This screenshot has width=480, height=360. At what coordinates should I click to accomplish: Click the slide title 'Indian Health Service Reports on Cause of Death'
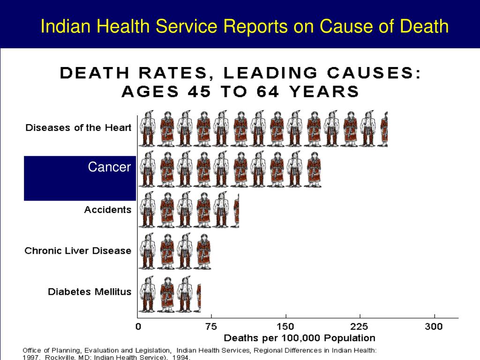click(x=244, y=26)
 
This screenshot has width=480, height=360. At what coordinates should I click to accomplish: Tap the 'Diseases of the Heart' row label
click(x=78, y=127)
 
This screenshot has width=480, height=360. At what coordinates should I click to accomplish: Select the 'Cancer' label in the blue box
click(x=109, y=167)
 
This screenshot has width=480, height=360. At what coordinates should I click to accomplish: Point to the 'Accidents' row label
click(x=108, y=210)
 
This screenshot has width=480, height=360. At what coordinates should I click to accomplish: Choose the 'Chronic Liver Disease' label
click(x=78, y=251)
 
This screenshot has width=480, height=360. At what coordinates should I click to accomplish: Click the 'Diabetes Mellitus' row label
click(x=90, y=292)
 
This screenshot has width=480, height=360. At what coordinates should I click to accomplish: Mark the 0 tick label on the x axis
click(x=138, y=326)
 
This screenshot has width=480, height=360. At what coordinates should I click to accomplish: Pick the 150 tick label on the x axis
click(x=285, y=326)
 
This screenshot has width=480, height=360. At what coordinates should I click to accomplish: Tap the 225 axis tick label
click(x=360, y=326)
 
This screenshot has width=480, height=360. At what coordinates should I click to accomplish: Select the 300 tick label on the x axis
click(x=434, y=326)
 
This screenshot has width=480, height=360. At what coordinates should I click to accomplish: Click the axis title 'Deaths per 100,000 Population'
click(x=300, y=338)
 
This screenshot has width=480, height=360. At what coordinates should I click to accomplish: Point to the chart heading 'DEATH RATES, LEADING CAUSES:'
click(x=240, y=73)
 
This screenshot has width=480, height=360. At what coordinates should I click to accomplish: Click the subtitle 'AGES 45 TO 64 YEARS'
click(x=240, y=91)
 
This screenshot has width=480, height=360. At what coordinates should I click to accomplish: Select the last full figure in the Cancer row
click(x=314, y=170)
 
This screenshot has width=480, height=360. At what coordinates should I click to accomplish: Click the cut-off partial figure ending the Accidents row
click(x=237, y=210)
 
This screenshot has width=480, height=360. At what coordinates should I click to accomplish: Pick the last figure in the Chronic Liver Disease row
click(x=203, y=251)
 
